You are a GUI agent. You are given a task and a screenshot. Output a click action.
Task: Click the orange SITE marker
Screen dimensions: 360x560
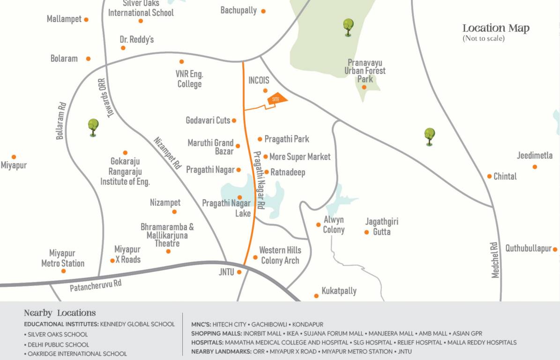(x=276, y=99)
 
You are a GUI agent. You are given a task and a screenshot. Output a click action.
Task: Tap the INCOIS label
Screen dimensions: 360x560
(x=259, y=80)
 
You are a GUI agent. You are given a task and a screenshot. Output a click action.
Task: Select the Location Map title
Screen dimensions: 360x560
(x=496, y=28)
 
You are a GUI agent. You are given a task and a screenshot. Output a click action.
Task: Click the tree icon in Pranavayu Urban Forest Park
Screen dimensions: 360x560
(x=348, y=27)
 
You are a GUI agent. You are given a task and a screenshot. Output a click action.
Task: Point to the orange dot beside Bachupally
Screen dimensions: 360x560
(x=263, y=11)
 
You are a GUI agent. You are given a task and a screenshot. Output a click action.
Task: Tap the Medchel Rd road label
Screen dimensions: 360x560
(x=495, y=260)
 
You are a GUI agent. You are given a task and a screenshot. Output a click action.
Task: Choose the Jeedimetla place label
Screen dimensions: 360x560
(x=535, y=156)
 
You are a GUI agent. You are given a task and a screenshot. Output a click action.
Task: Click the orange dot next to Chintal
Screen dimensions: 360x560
(x=489, y=176)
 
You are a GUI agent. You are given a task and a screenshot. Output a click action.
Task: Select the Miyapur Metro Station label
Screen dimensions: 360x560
(x=63, y=258)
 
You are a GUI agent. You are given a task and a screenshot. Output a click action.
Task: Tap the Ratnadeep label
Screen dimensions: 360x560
(x=288, y=172)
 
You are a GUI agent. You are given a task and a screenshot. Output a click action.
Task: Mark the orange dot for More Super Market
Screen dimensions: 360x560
(x=265, y=157)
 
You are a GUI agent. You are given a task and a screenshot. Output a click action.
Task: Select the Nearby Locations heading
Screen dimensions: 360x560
(x=60, y=313)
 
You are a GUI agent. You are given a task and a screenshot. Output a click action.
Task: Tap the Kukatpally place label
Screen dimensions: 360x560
(x=339, y=291)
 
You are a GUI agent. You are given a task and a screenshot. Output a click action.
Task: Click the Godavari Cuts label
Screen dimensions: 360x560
(x=208, y=120)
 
